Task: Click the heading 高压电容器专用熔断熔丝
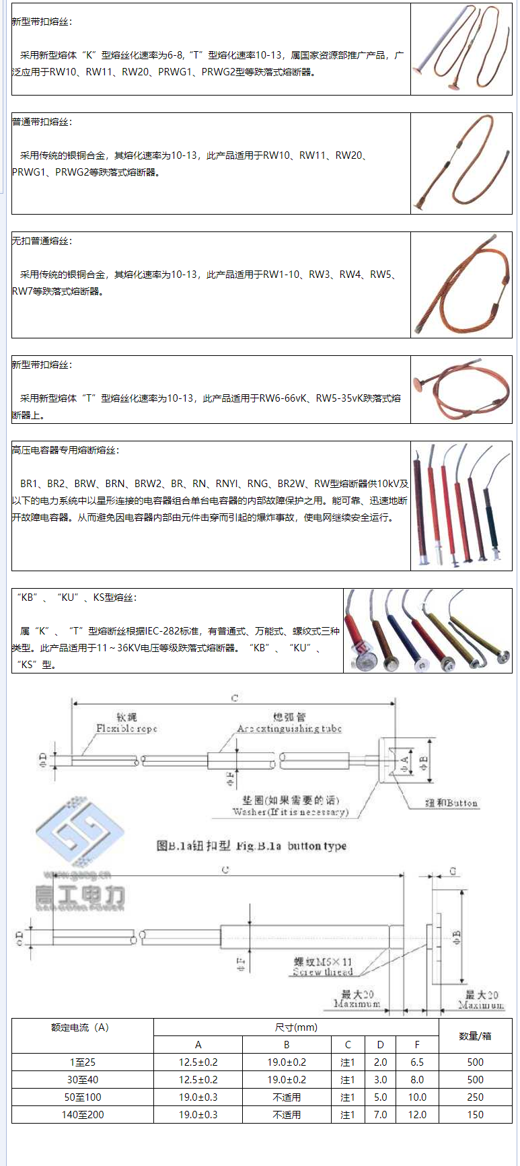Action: click(65, 450)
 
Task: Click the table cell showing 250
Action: click(475, 1097)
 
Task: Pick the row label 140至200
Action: click(83, 1114)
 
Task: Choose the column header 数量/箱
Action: click(475, 1035)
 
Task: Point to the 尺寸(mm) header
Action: click(296, 1027)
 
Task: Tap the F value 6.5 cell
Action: click(417, 1062)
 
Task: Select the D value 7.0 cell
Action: click(381, 1114)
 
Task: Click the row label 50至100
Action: click(83, 1097)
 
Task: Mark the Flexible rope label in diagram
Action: click(126, 728)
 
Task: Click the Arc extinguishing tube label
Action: click(289, 728)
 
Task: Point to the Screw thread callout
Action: click(322, 972)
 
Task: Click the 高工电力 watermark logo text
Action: click(80, 896)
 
